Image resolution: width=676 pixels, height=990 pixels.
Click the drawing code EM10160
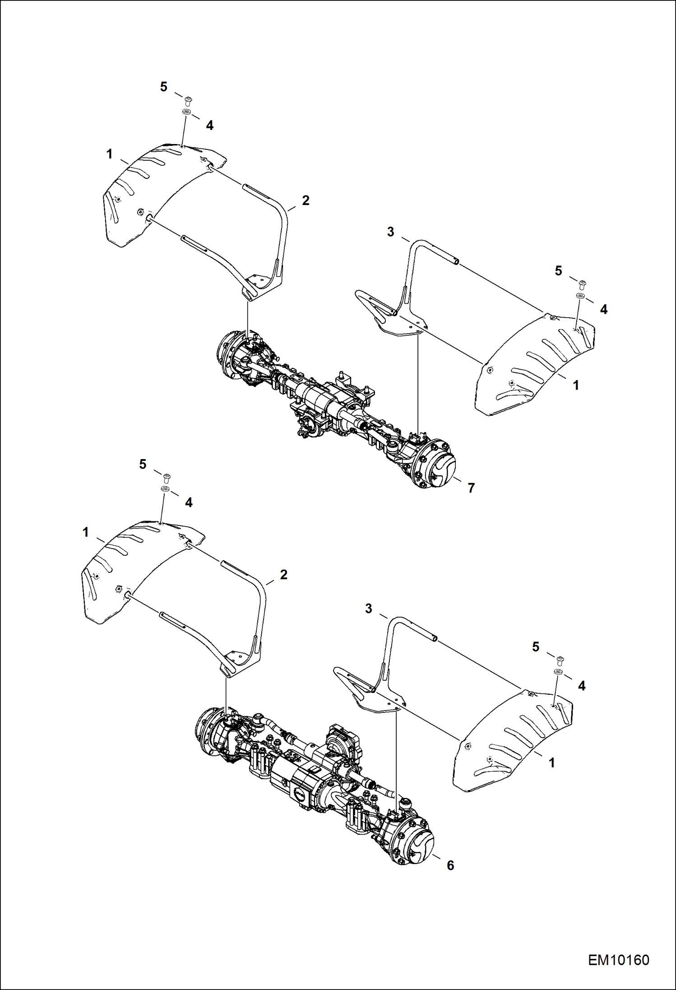(618, 960)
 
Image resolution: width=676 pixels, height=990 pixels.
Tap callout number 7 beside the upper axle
(471, 488)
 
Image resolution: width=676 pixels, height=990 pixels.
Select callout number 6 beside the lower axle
(450, 865)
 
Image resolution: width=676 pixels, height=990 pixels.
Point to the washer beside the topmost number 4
(186, 112)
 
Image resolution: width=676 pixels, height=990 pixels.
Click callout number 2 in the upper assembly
(306, 201)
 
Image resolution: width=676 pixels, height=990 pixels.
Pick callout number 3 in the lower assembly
(368, 609)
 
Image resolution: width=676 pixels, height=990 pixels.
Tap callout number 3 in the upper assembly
(390, 232)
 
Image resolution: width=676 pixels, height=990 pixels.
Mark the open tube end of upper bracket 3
(457, 261)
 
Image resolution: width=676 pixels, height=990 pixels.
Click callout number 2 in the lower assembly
(283, 575)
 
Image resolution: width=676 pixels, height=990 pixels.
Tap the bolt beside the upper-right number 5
(582, 284)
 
